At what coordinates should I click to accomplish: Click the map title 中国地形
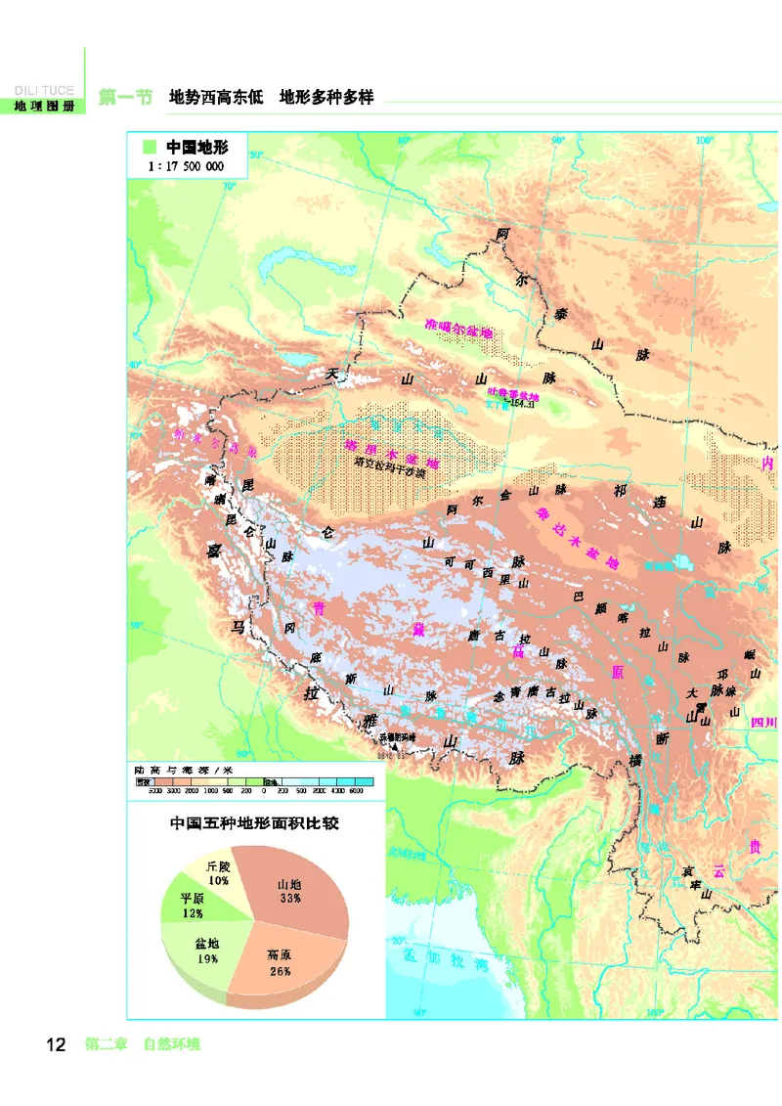tap(196, 147)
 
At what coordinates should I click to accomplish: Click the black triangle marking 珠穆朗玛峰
tap(394, 745)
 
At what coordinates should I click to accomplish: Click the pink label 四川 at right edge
tap(762, 722)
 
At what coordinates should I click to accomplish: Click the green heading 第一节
tap(125, 98)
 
